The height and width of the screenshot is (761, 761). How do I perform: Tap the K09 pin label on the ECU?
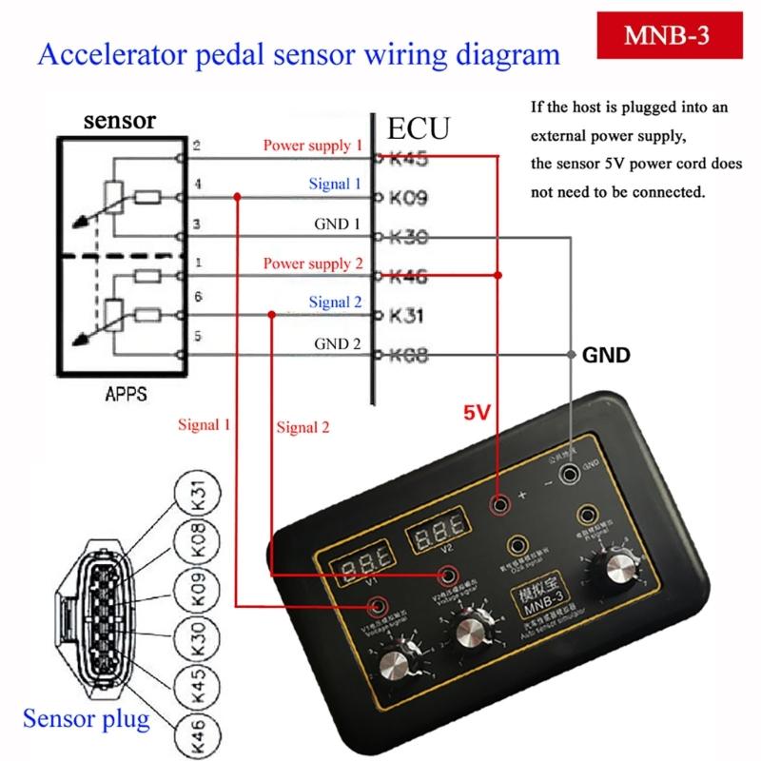(x=406, y=199)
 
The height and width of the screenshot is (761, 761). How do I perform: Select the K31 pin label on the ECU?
(x=406, y=316)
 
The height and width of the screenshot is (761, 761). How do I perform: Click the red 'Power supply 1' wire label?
(x=313, y=146)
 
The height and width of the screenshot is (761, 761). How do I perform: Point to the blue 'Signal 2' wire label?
(x=335, y=302)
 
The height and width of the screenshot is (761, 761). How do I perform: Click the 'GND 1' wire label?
(x=338, y=225)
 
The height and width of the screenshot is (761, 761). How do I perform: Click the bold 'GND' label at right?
(x=606, y=356)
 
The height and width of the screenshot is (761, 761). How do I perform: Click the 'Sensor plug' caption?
(x=87, y=718)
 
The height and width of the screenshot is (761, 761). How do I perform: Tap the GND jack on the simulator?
(x=570, y=473)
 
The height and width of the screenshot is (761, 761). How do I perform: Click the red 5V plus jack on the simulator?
(x=498, y=506)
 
